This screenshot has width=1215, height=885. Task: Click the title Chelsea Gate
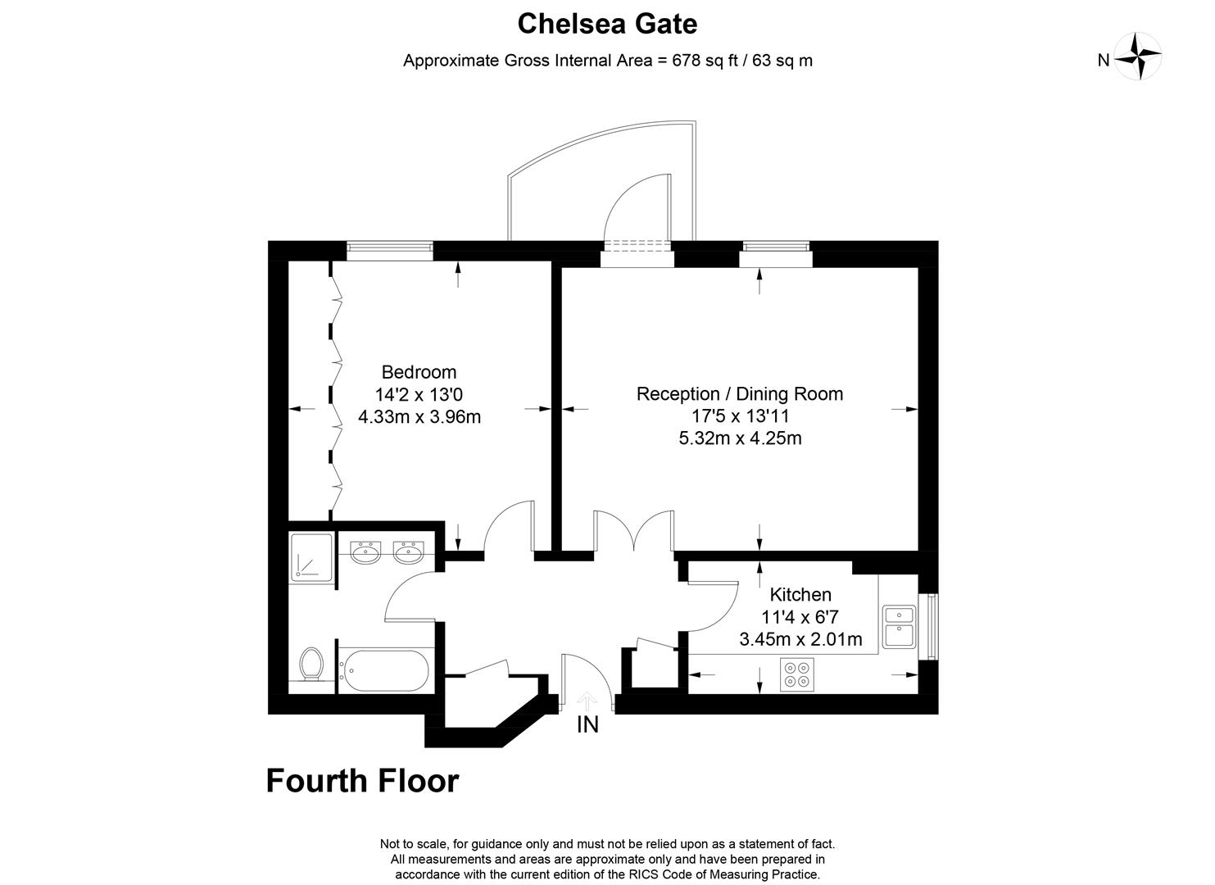tap(607, 24)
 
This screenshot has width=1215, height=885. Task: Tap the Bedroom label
tap(419, 372)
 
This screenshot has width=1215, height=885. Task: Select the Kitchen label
tap(800, 594)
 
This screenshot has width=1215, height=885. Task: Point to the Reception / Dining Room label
tap(739, 393)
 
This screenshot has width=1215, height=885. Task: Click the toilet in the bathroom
tap(311, 663)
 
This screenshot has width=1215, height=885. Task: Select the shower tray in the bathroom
tap(311, 557)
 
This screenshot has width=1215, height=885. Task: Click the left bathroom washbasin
tap(365, 554)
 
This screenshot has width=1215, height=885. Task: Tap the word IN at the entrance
tap(587, 725)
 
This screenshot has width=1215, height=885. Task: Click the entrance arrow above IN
tap(587, 701)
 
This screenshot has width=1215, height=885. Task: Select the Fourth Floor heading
tap(362, 781)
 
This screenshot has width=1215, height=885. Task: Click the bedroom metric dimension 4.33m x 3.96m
tap(419, 416)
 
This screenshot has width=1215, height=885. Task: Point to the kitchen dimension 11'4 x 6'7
tap(800, 617)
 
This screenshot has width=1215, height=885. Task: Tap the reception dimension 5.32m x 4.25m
tap(739, 438)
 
